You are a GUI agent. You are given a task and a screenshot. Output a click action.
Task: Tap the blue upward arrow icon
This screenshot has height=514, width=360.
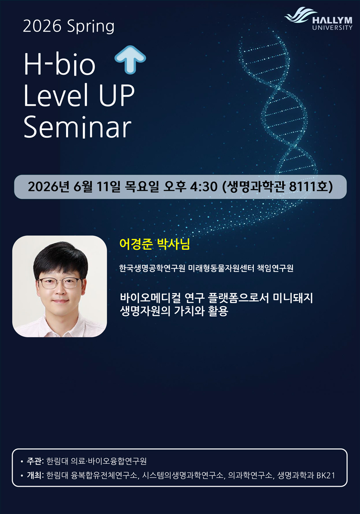click(130, 59)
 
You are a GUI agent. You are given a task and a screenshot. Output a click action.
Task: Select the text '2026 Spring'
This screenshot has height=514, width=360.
click(68, 26)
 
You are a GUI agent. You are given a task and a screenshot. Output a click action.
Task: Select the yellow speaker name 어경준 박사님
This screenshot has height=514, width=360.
click(154, 244)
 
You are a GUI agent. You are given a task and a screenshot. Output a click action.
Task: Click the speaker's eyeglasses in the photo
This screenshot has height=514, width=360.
click(60, 282)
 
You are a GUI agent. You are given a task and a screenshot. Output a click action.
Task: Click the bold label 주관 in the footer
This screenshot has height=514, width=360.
click(35, 461)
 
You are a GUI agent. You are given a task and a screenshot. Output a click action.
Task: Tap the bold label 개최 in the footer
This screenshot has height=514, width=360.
click(35, 475)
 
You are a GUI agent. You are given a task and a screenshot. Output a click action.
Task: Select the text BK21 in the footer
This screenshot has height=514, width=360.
click(326, 475)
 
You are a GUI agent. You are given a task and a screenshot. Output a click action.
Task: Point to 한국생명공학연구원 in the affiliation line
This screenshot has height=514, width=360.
click(152, 268)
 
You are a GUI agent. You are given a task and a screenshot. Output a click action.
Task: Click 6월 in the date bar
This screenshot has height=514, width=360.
click(83, 187)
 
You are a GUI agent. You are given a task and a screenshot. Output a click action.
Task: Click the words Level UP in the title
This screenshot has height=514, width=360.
click(79, 95)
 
